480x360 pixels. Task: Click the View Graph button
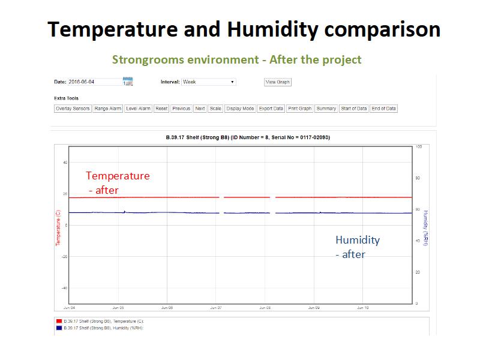(x=278, y=82)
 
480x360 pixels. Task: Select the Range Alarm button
(x=107, y=109)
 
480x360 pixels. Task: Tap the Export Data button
(x=271, y=109)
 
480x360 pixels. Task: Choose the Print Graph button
(x=300, y=109)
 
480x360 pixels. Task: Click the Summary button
(x=326, y=109)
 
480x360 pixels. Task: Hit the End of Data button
(x=383, y=109)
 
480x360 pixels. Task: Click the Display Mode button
(x=240, y=109)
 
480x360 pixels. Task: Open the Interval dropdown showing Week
(x=208, y=82)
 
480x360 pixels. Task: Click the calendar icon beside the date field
(x=127, y=82)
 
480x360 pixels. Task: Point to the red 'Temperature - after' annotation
(x=117, y=182)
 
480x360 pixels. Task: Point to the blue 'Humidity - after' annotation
(x=357, y=247)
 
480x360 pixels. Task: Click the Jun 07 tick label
(x=216, y=308)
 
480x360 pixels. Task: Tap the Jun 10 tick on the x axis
(x=363, y=308)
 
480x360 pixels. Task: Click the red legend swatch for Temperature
(x=58, y=322)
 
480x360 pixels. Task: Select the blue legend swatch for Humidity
(x=58, y=328)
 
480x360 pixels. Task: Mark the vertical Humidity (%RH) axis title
(x=425, y=228)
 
